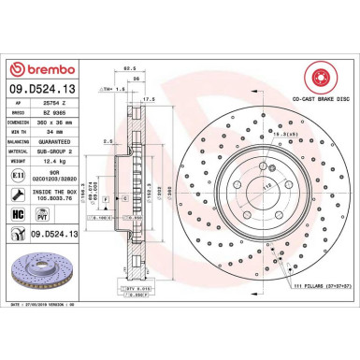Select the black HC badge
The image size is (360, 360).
click(x=16, y=213)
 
